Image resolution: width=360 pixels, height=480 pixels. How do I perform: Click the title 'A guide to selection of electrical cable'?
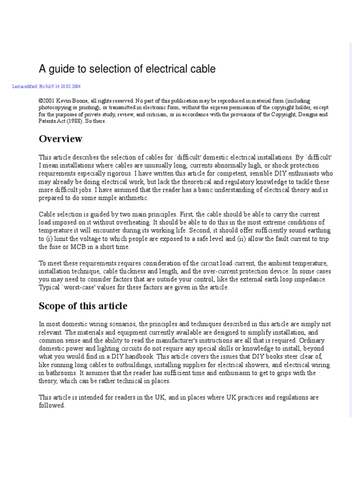point(127,69)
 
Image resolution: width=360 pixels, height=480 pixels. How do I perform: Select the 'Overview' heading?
point(60,139)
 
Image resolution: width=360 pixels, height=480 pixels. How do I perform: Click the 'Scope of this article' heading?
point(82,306)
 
